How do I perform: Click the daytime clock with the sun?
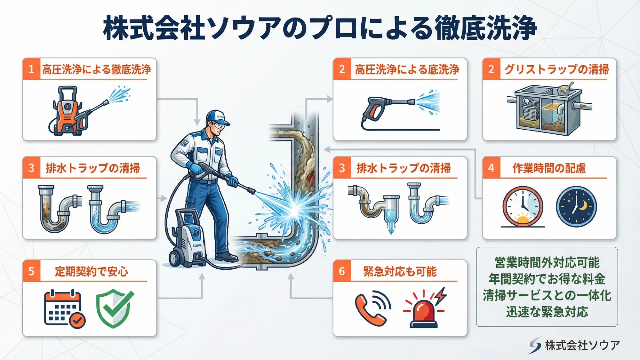point(523,207)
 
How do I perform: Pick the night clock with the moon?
point(576,207)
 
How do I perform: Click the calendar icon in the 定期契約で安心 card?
point(64,308)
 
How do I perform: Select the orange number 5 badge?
point(31,271)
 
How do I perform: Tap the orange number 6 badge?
point(342,271)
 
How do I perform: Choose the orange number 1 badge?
point(31,69)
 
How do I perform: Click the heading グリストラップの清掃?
point(557,69)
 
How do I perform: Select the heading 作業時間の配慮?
point(549,168)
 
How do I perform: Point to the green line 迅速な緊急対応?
point(547,312)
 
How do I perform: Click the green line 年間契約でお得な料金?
point(547,279)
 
